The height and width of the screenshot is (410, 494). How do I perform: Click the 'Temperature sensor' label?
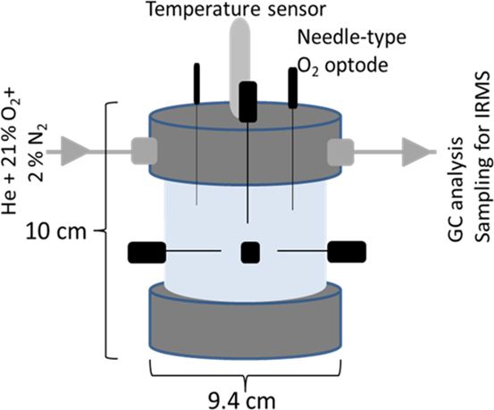[237, 9]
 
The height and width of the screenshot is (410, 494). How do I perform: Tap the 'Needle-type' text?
[352, 38]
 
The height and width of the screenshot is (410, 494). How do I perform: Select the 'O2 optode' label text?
[343, 66]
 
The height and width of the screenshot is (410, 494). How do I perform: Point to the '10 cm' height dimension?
[55, 231]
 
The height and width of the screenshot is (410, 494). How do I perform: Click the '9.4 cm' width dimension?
[242, 400]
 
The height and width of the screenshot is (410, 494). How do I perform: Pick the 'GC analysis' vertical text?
[456, 189]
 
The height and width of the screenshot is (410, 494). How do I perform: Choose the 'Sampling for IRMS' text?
[482, 157]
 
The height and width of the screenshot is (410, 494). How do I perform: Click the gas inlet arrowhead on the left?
[75, 151]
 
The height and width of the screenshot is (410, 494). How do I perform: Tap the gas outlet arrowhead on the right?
[415, 152]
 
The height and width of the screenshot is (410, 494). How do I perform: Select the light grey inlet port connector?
[144, 151]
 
